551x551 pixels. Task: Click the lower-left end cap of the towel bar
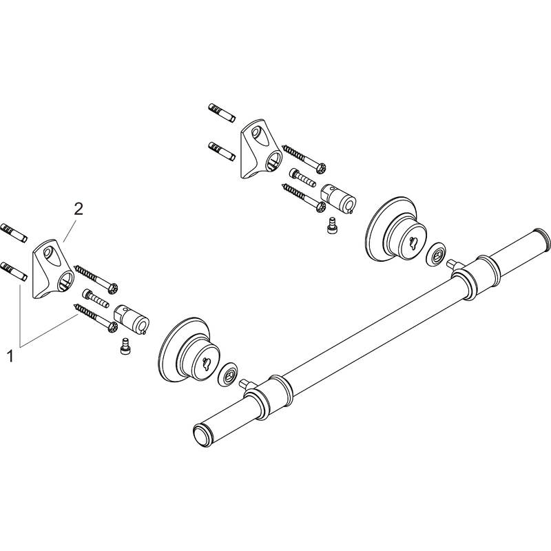(202, 436)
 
